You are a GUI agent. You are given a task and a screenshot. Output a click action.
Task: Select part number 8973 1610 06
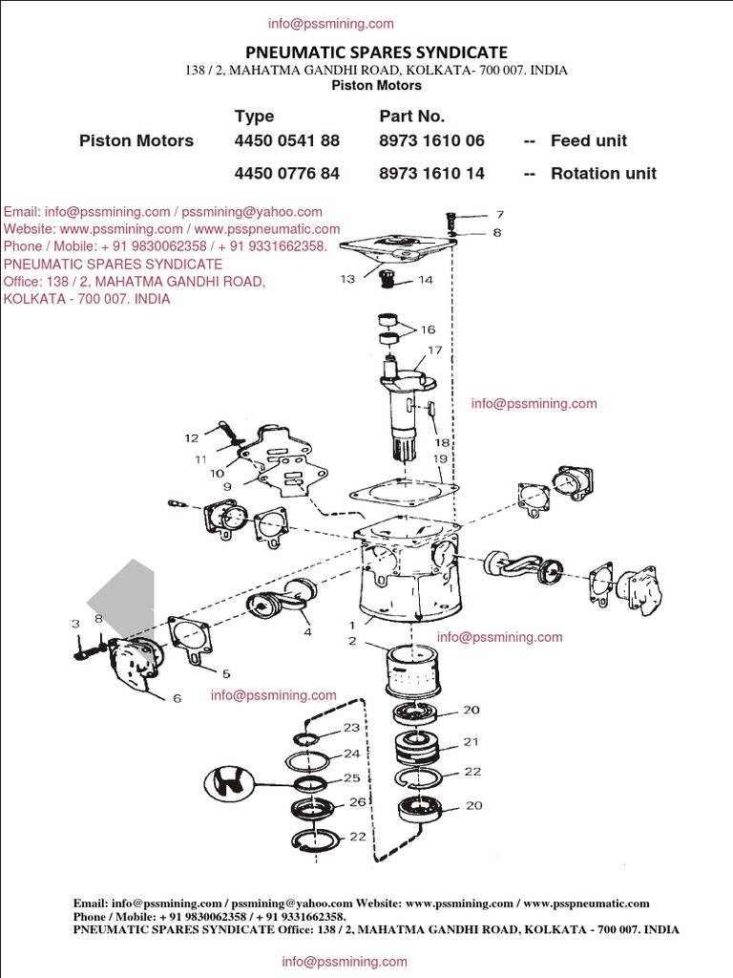point(431,140)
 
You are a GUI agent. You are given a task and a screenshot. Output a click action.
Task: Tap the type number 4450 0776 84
point(286,174)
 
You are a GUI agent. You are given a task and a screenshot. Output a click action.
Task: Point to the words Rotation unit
point(603,174)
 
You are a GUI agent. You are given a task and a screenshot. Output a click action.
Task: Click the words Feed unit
point(588,140)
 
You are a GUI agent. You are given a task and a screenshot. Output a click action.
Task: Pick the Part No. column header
point(411,116)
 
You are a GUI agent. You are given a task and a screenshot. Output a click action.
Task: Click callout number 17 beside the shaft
point(434,351)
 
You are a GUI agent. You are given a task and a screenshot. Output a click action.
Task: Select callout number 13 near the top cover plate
point(346,279)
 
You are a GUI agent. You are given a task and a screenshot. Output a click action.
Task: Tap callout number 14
point(425,280)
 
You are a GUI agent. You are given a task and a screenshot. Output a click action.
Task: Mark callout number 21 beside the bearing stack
point(471,741)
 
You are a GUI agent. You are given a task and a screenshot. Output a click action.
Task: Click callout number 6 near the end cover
point(177,698)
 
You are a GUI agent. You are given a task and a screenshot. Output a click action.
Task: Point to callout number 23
point(351,728)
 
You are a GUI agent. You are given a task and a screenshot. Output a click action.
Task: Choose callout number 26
point(357,802)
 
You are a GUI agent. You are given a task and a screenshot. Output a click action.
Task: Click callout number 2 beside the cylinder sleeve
point(352,641)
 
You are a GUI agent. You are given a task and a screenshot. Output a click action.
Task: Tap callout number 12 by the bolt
point(192,438)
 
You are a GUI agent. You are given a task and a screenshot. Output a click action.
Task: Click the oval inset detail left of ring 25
point(230,784)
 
